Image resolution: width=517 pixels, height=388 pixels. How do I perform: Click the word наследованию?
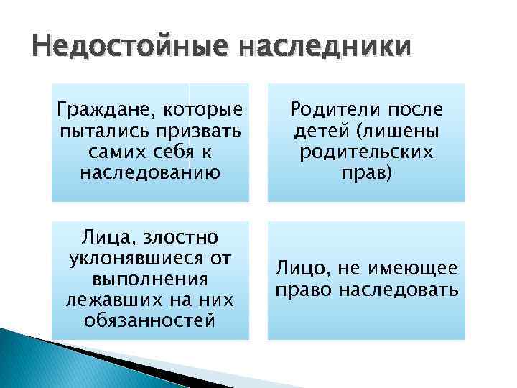click(x=150, y=173)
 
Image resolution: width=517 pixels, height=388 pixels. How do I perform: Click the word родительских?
click(x=366, y=153)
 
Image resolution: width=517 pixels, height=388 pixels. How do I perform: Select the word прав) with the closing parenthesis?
click(x=366, y=173)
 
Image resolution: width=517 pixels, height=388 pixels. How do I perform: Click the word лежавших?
click(x=114, y=299)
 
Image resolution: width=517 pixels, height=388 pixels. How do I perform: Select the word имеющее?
click(x=416, y=269)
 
